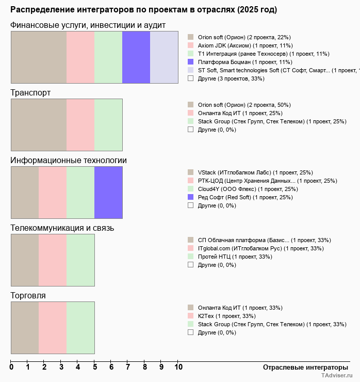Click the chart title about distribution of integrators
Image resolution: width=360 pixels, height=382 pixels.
(x=143, y=10)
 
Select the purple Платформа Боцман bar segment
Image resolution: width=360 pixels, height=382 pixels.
(x=136, y=57)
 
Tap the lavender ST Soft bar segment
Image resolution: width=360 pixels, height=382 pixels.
(x=164, y=57)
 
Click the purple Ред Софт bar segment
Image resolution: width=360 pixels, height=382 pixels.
(x=108, y=193)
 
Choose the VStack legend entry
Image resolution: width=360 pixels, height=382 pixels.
(x=255, y=172)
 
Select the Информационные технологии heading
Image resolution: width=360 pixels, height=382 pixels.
(x=69, y=161)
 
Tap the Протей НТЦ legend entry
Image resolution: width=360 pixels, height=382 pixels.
(x=235, y=257)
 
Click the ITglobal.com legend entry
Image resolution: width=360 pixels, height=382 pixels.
(x=260, y=248)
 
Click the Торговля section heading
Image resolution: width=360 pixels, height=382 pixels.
(x=28, y=296)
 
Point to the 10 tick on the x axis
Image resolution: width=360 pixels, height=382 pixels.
(x=178, y=368)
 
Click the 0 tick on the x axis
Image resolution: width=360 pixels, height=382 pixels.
(x=11, y=368)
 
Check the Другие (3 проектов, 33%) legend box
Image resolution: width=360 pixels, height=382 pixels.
(x=190, y=78)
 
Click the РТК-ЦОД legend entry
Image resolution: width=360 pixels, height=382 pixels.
(x=267, y=181)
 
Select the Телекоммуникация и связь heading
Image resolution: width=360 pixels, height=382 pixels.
(x=62, y=228)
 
